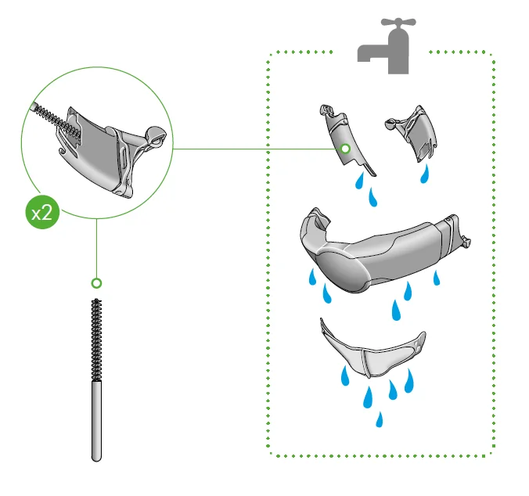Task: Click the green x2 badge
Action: click(42, 213)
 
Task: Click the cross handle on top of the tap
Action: click(398, 22)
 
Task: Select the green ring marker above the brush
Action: click(96, 283)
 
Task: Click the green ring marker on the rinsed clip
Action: click(345, 149)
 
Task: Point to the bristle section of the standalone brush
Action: click(96, 340)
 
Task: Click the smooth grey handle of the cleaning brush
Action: click(96, 420)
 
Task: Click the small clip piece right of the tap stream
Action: click(413, 133)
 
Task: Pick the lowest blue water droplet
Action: click(380, 419)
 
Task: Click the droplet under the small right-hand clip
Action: click(424, 174)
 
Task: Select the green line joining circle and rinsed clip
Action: click(257, 149)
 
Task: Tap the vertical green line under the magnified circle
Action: click(96, 249)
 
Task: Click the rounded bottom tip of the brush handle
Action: click(96, 458)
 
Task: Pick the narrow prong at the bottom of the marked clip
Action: click(369, 170)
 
